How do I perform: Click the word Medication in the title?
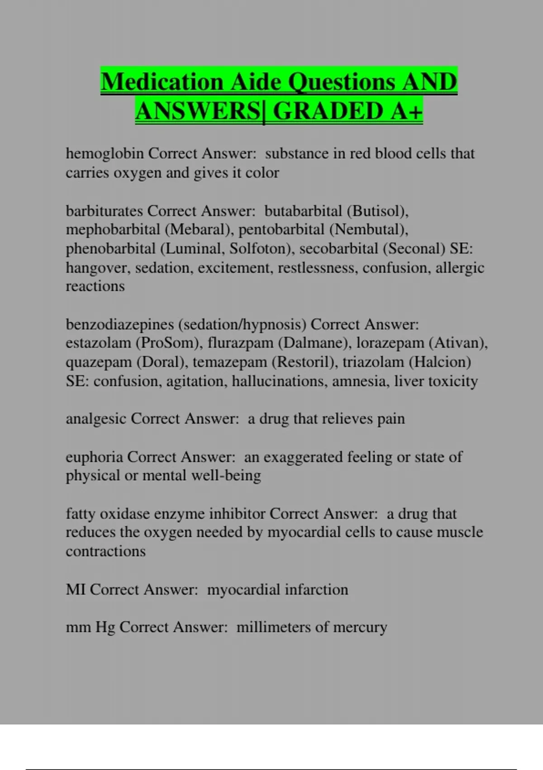coord(162,82)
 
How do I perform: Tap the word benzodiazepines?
coord(120,324)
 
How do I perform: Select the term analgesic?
coord(96,419)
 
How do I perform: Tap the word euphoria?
coord(94,457)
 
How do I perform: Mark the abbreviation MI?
coord(76,589)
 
